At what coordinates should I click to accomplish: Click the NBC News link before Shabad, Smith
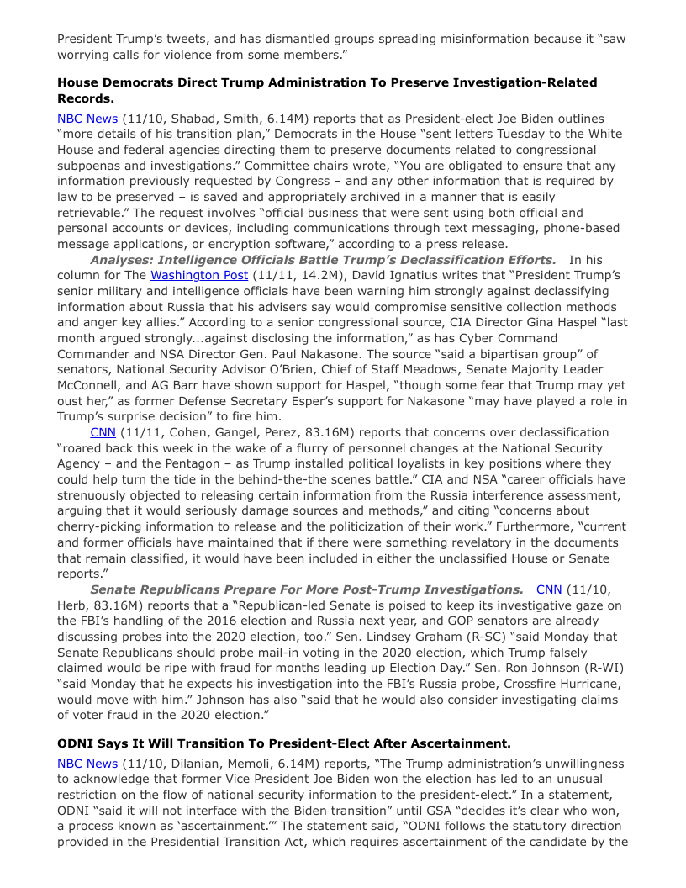click(x=87, y=119)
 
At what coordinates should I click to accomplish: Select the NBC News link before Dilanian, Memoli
click(x=87, y=764)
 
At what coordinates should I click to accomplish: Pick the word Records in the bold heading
click(x=83, y=98)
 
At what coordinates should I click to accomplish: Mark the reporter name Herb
click(x=73, y=605)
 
